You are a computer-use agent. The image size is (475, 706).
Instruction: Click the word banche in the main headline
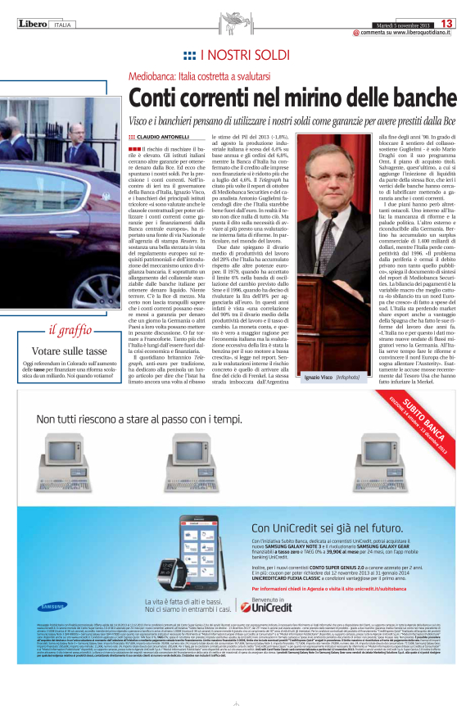[416, 97]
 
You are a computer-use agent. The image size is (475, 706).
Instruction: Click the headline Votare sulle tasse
[64, 349]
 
